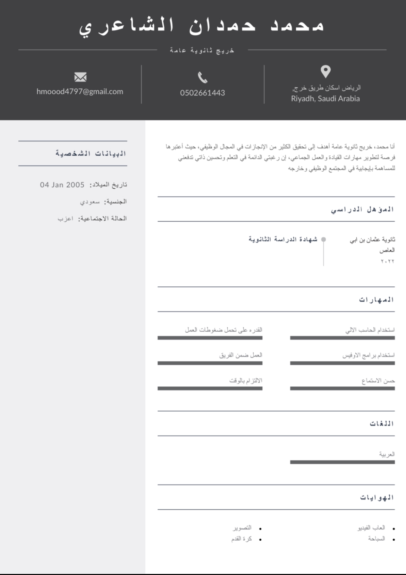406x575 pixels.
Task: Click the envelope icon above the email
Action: coord(80,77)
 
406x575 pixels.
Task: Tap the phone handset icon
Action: coord(203,77)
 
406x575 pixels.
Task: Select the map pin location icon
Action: coord(325,72)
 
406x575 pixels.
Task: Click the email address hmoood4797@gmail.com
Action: coord(80,92)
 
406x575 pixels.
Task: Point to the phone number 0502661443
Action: coord(202,93)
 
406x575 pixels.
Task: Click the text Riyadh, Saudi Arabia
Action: coord(325,99)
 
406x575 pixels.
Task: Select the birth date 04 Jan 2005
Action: coord(62,185)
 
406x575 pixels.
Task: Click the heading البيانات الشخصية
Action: coord(91,154)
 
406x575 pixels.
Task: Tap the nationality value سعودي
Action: coord(90,201)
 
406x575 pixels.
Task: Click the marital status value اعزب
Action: coord(65,218)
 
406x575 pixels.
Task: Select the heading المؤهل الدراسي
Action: coord(362,209)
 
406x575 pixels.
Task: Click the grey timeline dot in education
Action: coord(323,239)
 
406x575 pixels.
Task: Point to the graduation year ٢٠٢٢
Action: coord(387,261)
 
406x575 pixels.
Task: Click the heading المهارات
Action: coord(377,300)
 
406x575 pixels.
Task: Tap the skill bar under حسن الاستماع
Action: coord(342,388)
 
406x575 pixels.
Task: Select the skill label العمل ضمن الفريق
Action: coord(240,355)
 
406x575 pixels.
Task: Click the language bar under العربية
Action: coord(342,462)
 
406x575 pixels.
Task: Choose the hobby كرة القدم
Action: coord(242,539)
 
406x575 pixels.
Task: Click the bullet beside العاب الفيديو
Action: coord(394,529)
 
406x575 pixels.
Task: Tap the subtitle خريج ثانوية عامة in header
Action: coord(202,51)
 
